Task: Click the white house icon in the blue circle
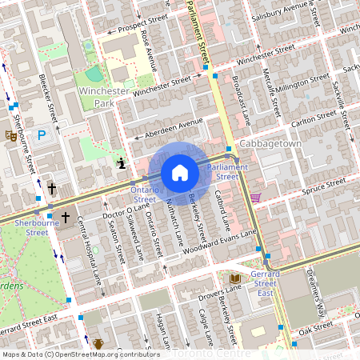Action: (180, 173)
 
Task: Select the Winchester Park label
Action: (103, 98)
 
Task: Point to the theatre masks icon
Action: (11, 136)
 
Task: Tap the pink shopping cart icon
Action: (255, 197)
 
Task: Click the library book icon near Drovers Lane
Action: (234, 278)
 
